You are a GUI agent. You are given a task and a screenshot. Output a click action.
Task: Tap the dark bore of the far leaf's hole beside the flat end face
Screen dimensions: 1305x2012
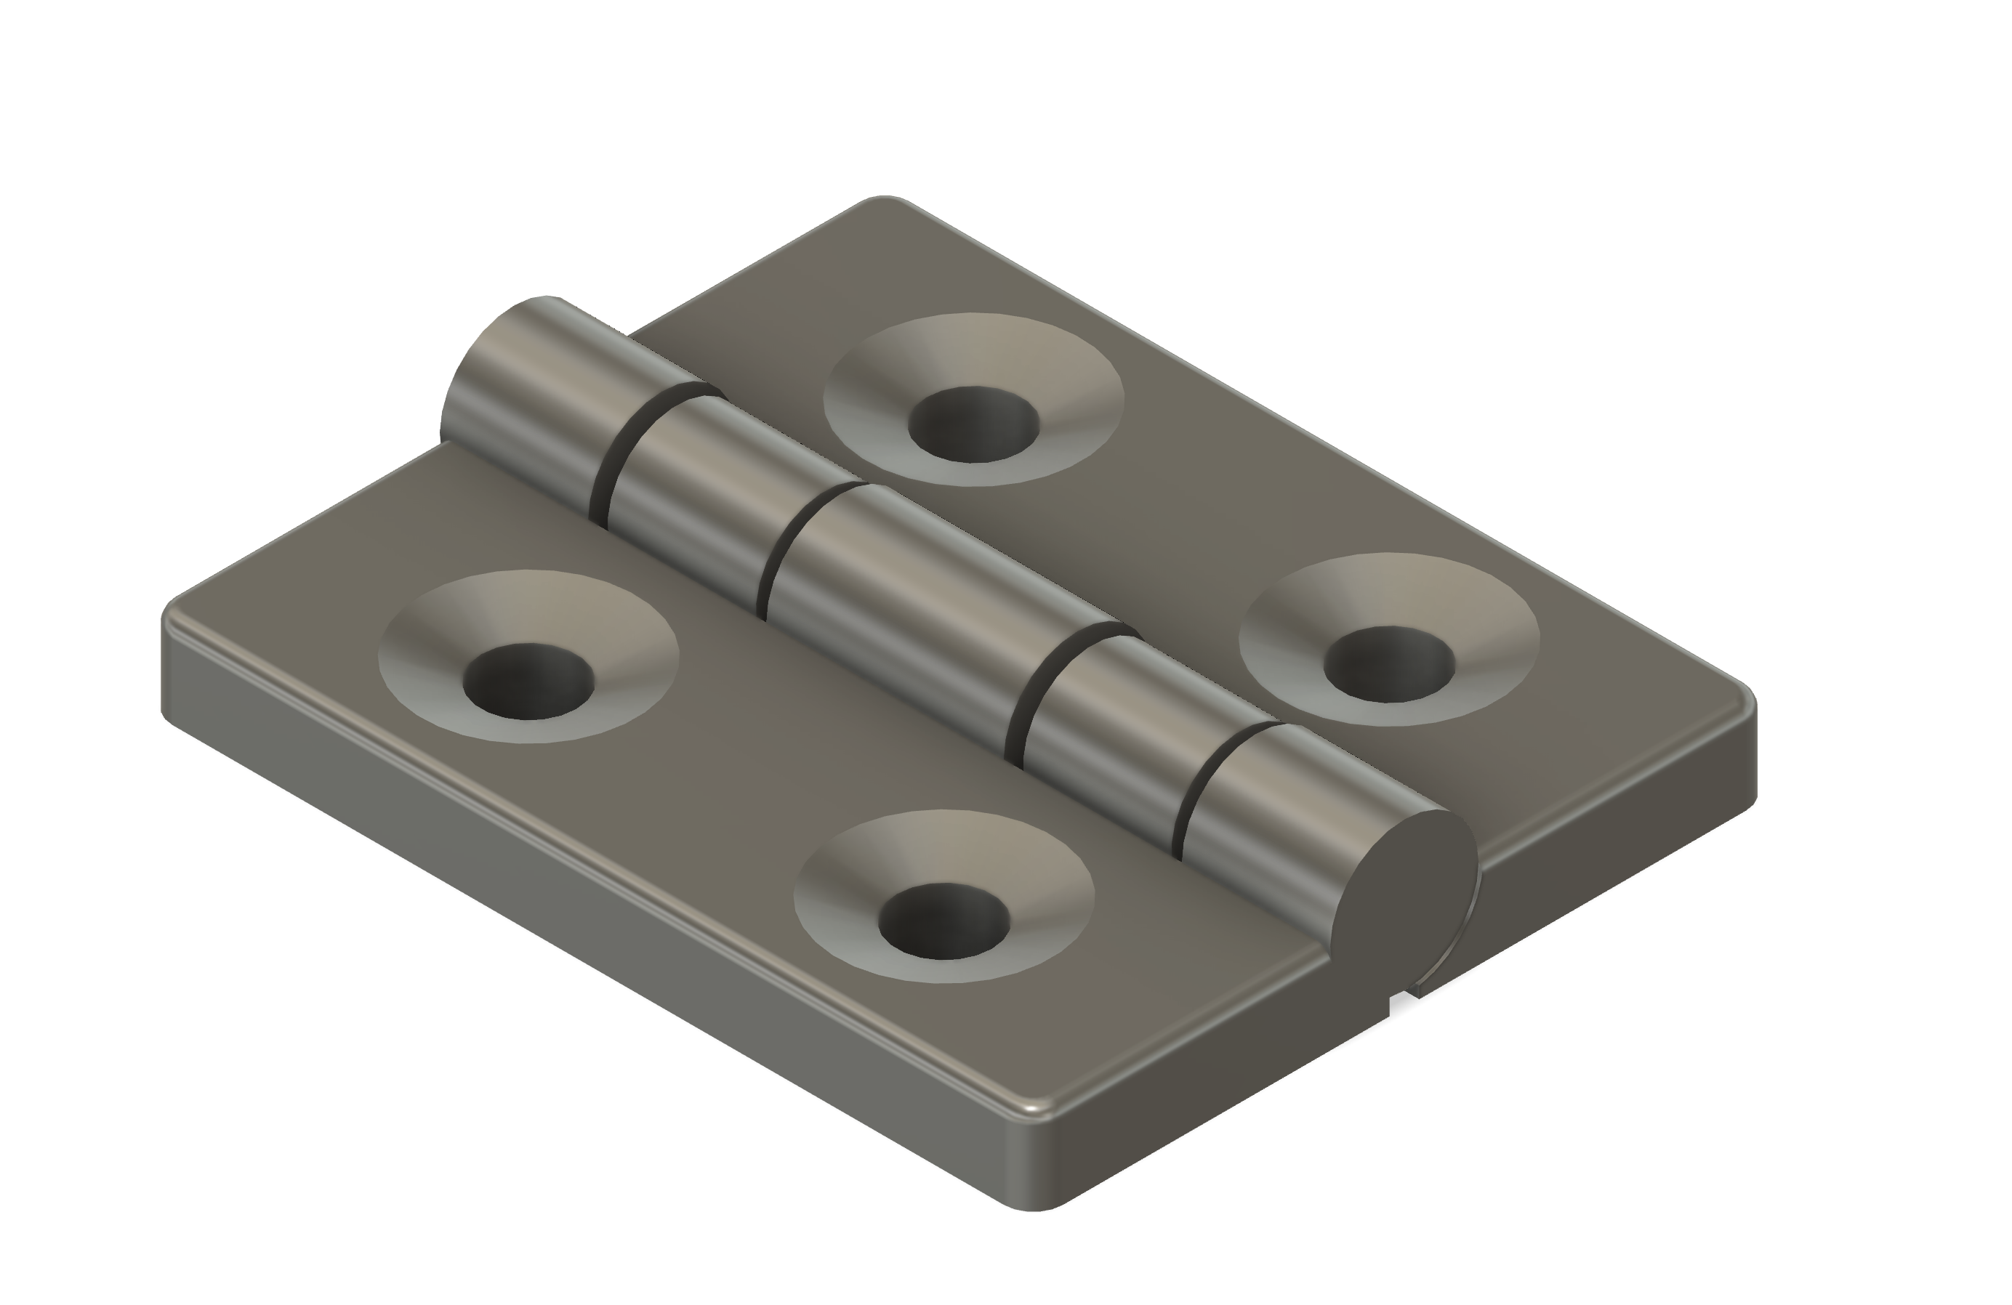1388,664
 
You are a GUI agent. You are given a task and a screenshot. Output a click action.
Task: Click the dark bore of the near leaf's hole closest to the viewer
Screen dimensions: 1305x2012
943,921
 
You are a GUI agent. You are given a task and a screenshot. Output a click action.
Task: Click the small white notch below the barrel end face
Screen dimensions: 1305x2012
1400,1003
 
